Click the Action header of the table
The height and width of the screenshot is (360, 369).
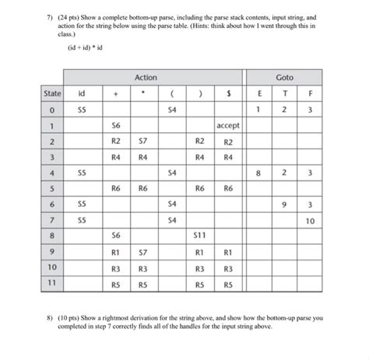[146, 77]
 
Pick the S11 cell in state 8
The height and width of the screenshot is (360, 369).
[199, 234]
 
